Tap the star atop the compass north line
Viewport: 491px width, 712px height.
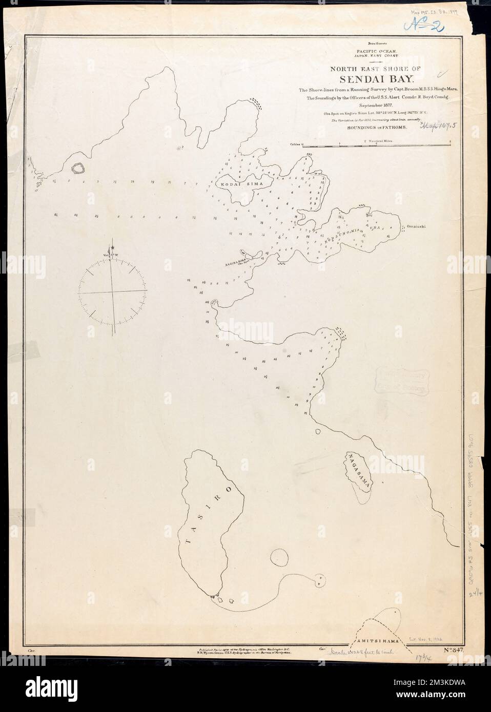[113, 248]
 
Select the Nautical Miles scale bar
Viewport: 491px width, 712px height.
[377, 145]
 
